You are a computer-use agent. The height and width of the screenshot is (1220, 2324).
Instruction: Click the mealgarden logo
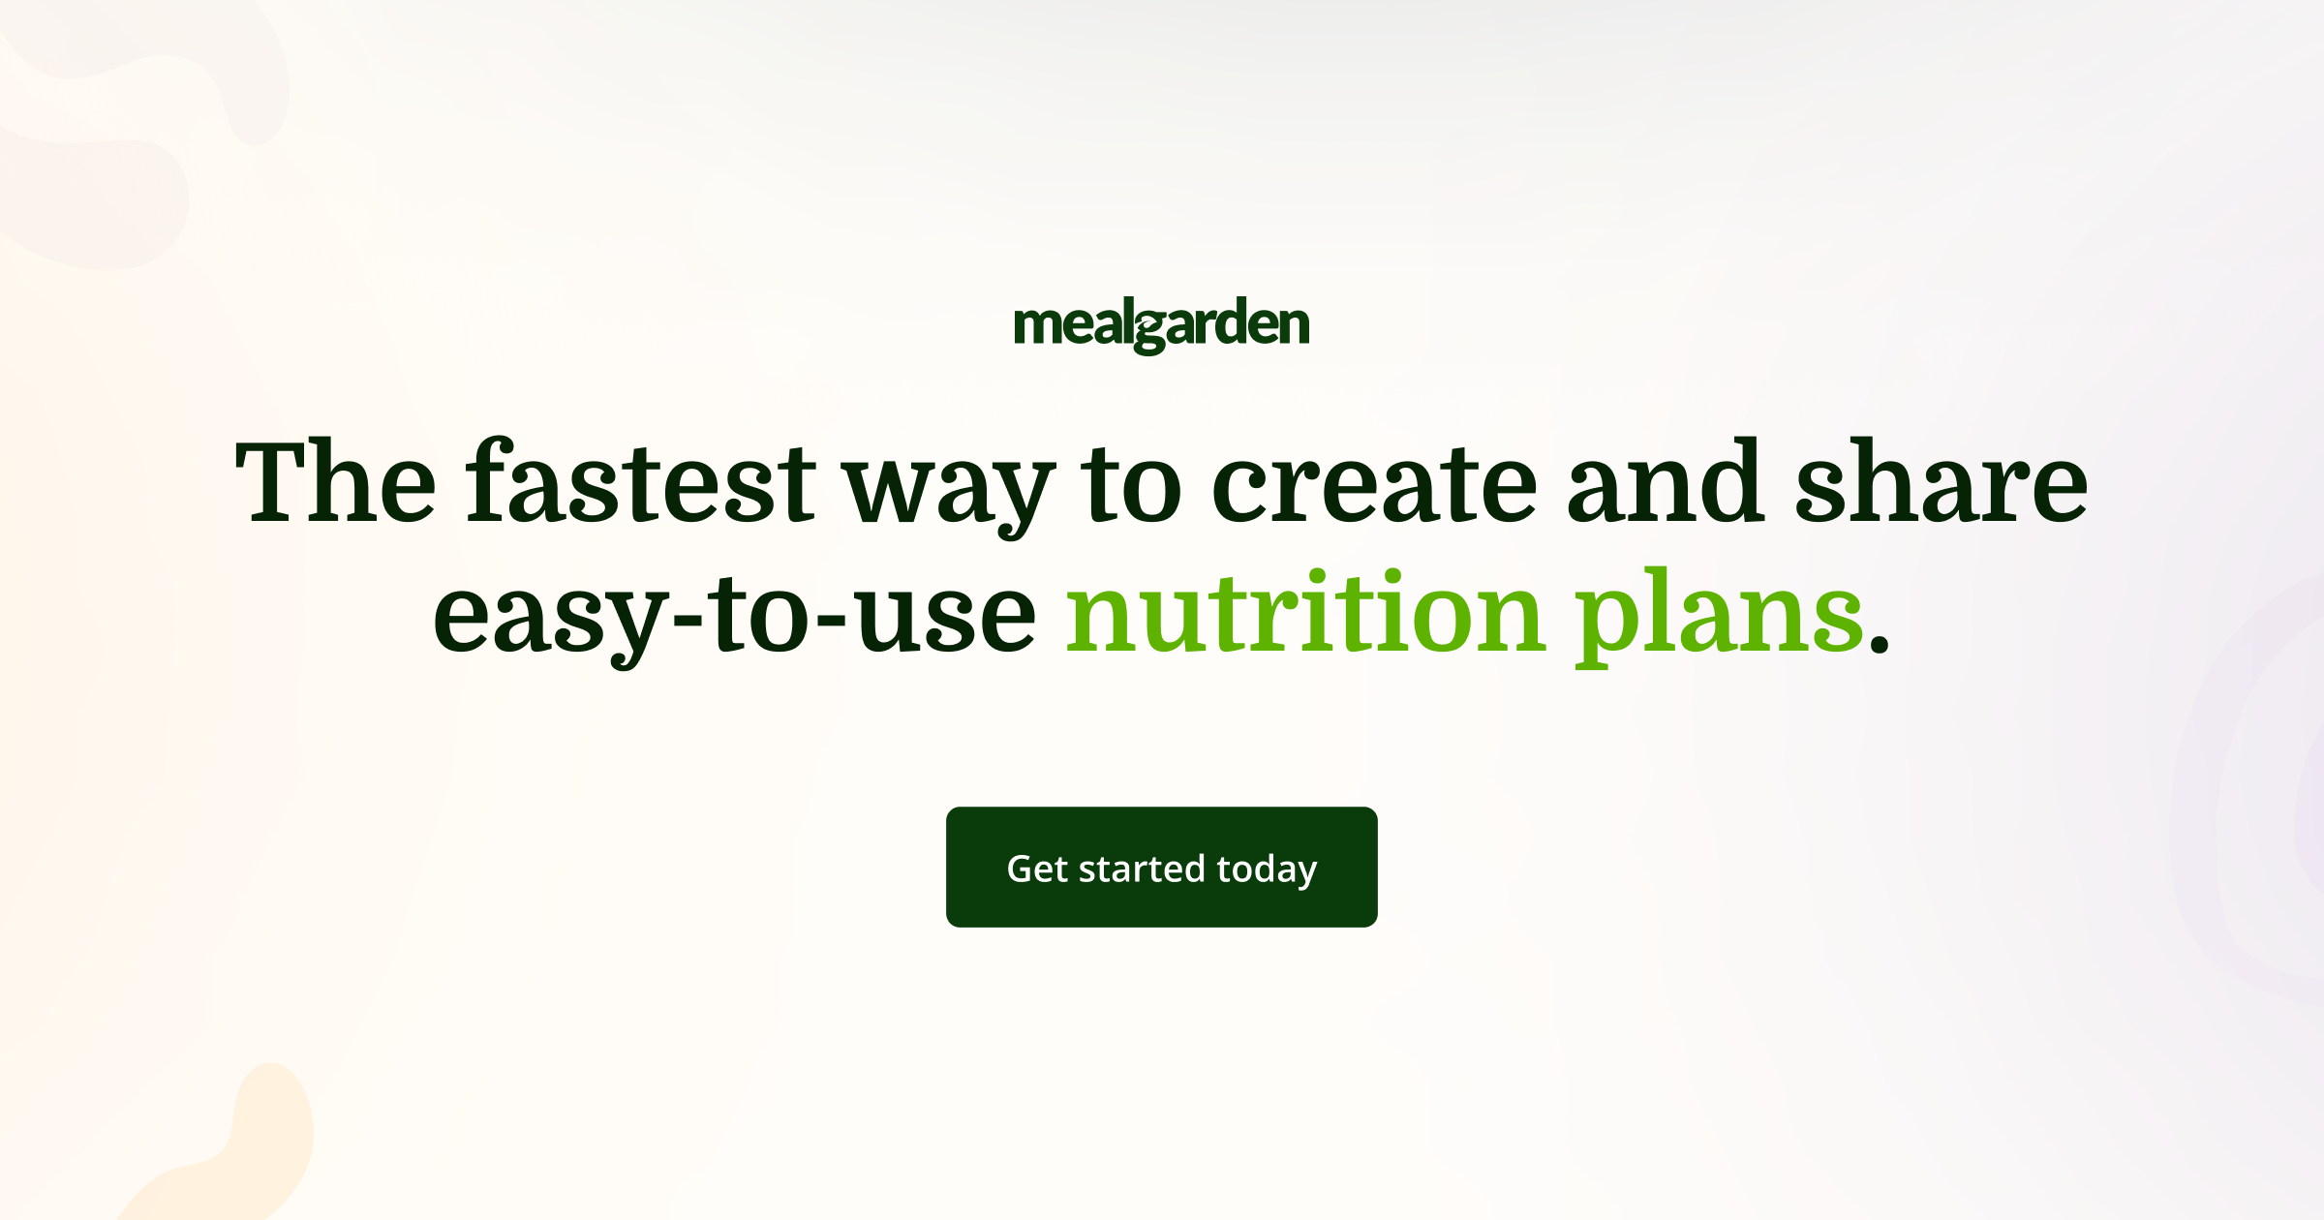(x=1161, y=325)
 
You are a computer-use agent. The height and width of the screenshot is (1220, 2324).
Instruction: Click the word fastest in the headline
(x=641, y=482)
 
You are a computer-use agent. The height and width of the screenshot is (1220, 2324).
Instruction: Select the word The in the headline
(x=336, y=482)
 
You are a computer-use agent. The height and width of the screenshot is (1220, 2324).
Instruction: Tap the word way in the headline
(x=949, y=489)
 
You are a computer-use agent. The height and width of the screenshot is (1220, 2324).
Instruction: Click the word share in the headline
(x=1941, y=482)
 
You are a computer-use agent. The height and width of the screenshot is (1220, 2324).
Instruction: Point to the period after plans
(x=1880, y=643)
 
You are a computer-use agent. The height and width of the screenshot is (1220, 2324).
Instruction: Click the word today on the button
(x=1267, y=869)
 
